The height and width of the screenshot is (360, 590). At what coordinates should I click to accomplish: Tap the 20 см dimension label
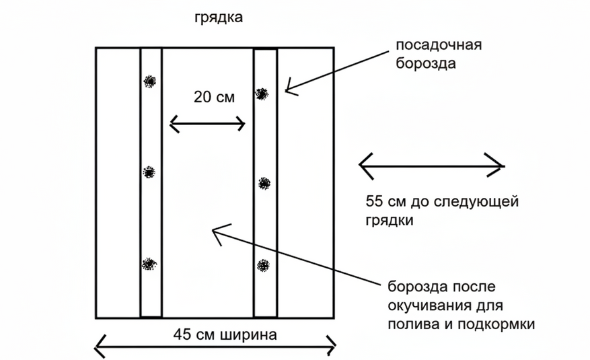click(x=214, y=97)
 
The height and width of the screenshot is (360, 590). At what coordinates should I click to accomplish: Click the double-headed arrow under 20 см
click(x=207, y=124)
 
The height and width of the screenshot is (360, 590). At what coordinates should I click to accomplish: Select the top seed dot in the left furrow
click(x=149, y=82)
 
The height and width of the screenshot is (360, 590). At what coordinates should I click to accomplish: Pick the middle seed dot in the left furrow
click(x=149, y=173)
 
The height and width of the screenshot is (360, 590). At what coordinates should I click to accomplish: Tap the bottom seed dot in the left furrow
click(x=148, y=264)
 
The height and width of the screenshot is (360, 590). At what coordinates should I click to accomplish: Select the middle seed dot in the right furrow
click(x=264, y=182)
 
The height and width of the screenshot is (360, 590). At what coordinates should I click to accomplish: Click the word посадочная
click(x=439, y=46)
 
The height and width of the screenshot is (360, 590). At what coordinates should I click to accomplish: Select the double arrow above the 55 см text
click(x=431, y=164)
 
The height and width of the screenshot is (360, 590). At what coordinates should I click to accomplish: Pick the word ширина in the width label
click(x=248, y=334)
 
